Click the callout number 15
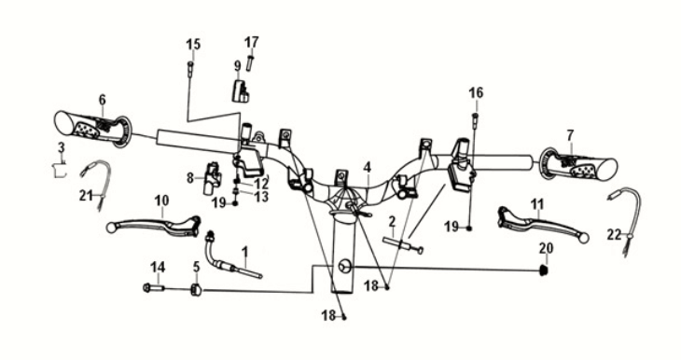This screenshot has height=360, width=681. point(193,45)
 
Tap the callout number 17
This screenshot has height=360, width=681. point(252,42)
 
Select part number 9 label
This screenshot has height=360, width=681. point(238,65)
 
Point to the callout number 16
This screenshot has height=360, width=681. point(476,92)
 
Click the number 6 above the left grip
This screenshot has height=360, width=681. point(102,99)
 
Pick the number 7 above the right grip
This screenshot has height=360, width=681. point(569,135)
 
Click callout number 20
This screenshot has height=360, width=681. point(547,247)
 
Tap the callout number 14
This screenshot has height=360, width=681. point(158,267)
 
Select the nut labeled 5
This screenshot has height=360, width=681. point(197,290)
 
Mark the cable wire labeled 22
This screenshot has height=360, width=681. point(624,211)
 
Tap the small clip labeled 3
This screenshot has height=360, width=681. point(59,169)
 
